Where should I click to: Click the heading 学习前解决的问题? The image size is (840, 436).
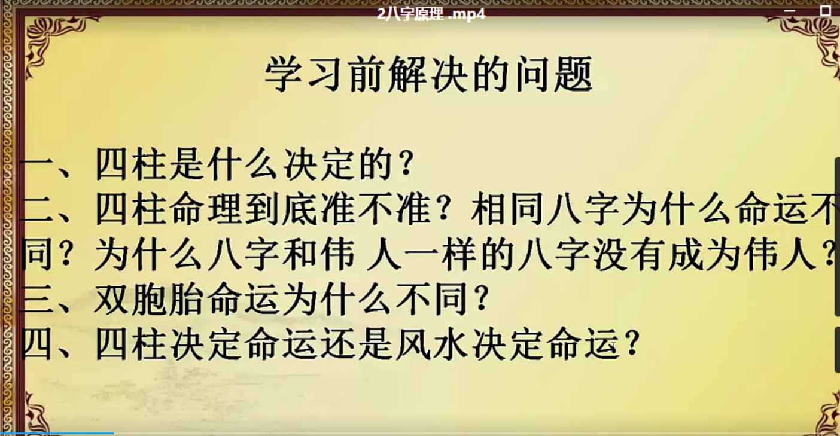(x=428, y=74)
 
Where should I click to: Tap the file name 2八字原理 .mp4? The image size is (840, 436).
(x=431, y=14)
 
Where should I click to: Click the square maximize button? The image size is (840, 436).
(x=826, y=11)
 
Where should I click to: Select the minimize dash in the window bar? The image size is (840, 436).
(x=789, y=11)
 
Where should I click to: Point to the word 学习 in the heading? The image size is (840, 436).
(x=304, y=74)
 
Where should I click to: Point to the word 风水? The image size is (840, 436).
(x=432, y=344)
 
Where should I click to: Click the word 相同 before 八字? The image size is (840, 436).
(x=507, y=209)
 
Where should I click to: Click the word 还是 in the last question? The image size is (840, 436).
(x=357, y=344)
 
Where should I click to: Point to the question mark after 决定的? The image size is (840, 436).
(x=406, y=164)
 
